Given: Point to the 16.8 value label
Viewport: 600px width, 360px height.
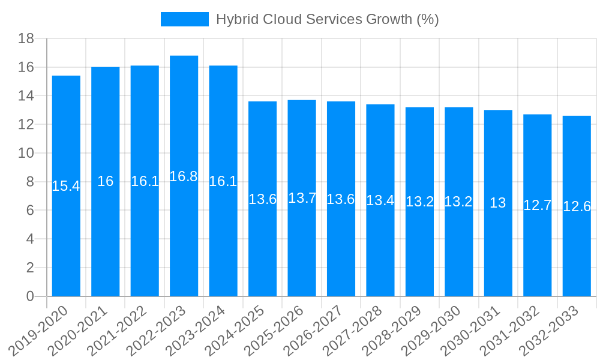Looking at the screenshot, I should [x=184, y=176].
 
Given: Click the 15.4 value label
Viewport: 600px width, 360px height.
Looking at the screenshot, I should [x=66, y=186].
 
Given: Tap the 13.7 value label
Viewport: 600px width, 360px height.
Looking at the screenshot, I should [x=302, y=198].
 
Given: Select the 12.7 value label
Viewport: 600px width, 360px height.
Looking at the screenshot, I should [x=537, y=205].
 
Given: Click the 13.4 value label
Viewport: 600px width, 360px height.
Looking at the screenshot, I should [x=380, y=200].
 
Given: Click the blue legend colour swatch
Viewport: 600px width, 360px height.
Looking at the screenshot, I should [x=185, y=19].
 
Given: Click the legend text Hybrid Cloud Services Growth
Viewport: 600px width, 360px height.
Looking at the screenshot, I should [x=327, y=19].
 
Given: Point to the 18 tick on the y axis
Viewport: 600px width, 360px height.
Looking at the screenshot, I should [x=26, y=39].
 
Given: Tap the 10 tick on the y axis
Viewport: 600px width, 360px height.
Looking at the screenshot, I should [x=26, y=154].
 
